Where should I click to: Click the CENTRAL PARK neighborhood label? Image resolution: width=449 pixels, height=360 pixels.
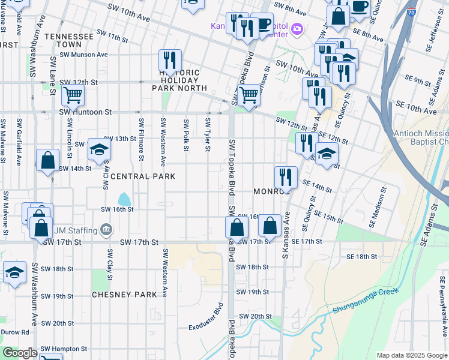coord(143,176)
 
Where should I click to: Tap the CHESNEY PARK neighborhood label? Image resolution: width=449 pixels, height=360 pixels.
coord(128,295)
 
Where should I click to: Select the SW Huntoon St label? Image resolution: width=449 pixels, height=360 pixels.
coord(85,112)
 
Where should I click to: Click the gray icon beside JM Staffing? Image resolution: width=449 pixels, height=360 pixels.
coord(106,228)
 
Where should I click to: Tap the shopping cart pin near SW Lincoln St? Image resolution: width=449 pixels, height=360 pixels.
coord(73,94)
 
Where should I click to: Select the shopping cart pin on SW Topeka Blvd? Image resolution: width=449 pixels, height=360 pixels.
coord(249,94)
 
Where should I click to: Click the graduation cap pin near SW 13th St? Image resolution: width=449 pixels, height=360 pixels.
coord(100,150)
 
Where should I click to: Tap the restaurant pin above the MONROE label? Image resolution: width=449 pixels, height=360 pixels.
coord(286,177)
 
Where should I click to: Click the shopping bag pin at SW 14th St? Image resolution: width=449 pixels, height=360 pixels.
coord(47,161)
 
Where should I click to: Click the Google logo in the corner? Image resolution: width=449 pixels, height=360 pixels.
coord(20,353)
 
